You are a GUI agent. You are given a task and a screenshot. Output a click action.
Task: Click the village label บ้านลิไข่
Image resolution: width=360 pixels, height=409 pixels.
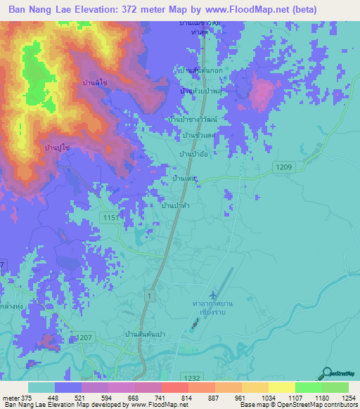pyautogui.click(x=95, y=83)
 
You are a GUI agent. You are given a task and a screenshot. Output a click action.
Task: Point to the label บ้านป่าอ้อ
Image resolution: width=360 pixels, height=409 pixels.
pyautogui.click(x=193, y=153)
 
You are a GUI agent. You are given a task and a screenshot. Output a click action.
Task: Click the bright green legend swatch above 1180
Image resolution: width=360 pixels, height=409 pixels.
pyautogui.click(x=308, y=387)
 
